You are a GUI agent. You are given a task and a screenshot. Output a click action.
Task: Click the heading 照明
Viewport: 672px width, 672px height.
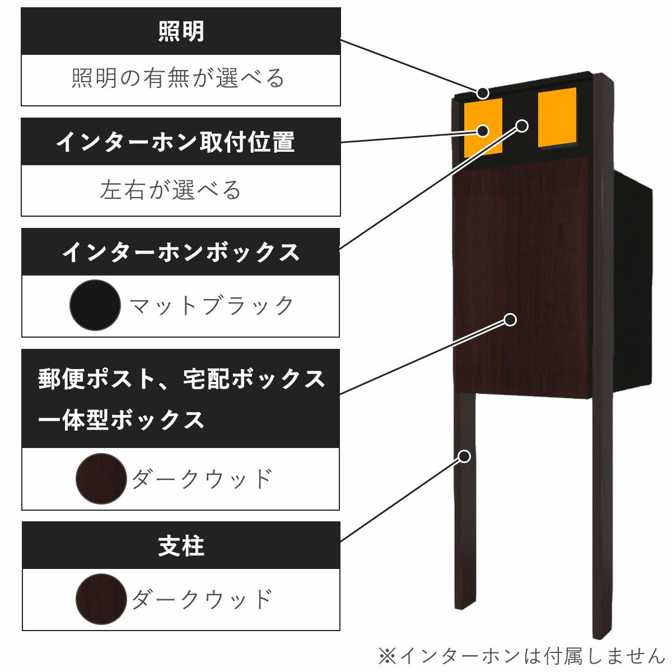[181, 31]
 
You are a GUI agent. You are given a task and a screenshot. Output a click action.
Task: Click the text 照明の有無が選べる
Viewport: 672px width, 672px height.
[179, 78]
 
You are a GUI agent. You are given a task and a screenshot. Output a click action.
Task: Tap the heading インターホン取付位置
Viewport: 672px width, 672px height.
[175, 142]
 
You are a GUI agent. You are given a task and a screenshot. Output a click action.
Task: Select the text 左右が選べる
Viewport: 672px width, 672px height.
[171, 190]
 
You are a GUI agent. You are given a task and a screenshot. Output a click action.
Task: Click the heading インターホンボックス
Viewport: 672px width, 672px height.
[181, 252]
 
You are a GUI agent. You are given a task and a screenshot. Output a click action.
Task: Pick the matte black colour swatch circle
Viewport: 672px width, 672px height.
[95, 305]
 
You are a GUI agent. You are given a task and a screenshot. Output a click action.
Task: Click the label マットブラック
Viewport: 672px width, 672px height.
[212, 306]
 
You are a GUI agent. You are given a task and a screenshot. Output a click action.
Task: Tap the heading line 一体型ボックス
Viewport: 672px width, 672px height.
[122, 420]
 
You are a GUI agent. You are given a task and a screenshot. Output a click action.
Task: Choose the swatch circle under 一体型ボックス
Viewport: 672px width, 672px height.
[101, 479]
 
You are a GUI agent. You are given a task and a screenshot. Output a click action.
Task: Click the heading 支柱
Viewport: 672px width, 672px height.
[181, 546]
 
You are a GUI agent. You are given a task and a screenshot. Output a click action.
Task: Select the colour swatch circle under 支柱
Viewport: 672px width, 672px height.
[101, 599]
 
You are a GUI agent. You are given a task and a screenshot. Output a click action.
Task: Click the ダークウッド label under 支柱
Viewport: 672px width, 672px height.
[202, 600]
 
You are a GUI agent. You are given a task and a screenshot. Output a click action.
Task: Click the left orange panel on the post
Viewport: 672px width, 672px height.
[483, 127]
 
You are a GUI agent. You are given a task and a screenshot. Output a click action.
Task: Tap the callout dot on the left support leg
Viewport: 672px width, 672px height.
[464, 456]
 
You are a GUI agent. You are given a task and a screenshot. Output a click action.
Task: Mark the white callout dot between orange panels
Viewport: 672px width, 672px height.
[521, 126]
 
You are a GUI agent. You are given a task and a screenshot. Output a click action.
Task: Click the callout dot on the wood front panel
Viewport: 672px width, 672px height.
[510, 320]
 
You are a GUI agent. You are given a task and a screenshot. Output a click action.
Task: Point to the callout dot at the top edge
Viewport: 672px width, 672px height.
[482, 92]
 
